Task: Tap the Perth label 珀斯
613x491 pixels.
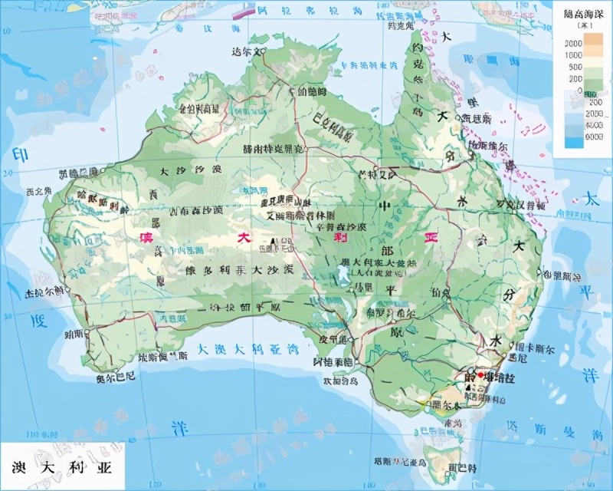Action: [x=74, y=334]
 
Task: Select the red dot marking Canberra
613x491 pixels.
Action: [x=480, y=375]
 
